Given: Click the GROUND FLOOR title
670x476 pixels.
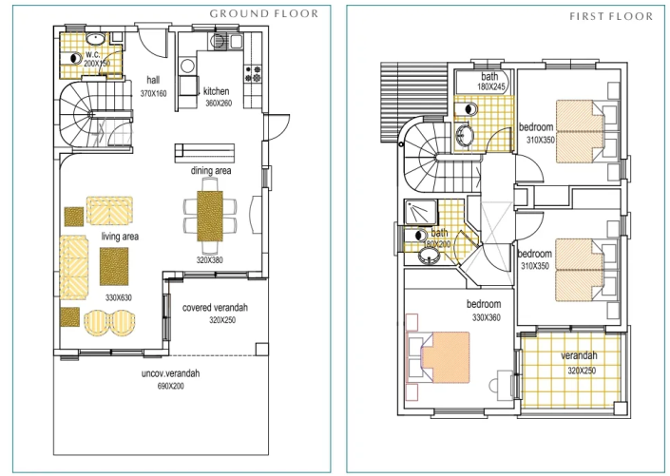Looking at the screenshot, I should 269,14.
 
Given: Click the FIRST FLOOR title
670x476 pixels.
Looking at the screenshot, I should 611,16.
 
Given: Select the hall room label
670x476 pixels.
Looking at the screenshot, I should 153,80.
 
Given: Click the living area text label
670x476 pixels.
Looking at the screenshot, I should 121,236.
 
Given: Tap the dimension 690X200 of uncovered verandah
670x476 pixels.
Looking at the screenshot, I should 170,388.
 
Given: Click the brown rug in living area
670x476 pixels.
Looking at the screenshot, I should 114,266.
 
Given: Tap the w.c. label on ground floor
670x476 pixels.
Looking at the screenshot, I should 92,53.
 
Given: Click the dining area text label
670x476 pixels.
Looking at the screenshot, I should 213,171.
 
